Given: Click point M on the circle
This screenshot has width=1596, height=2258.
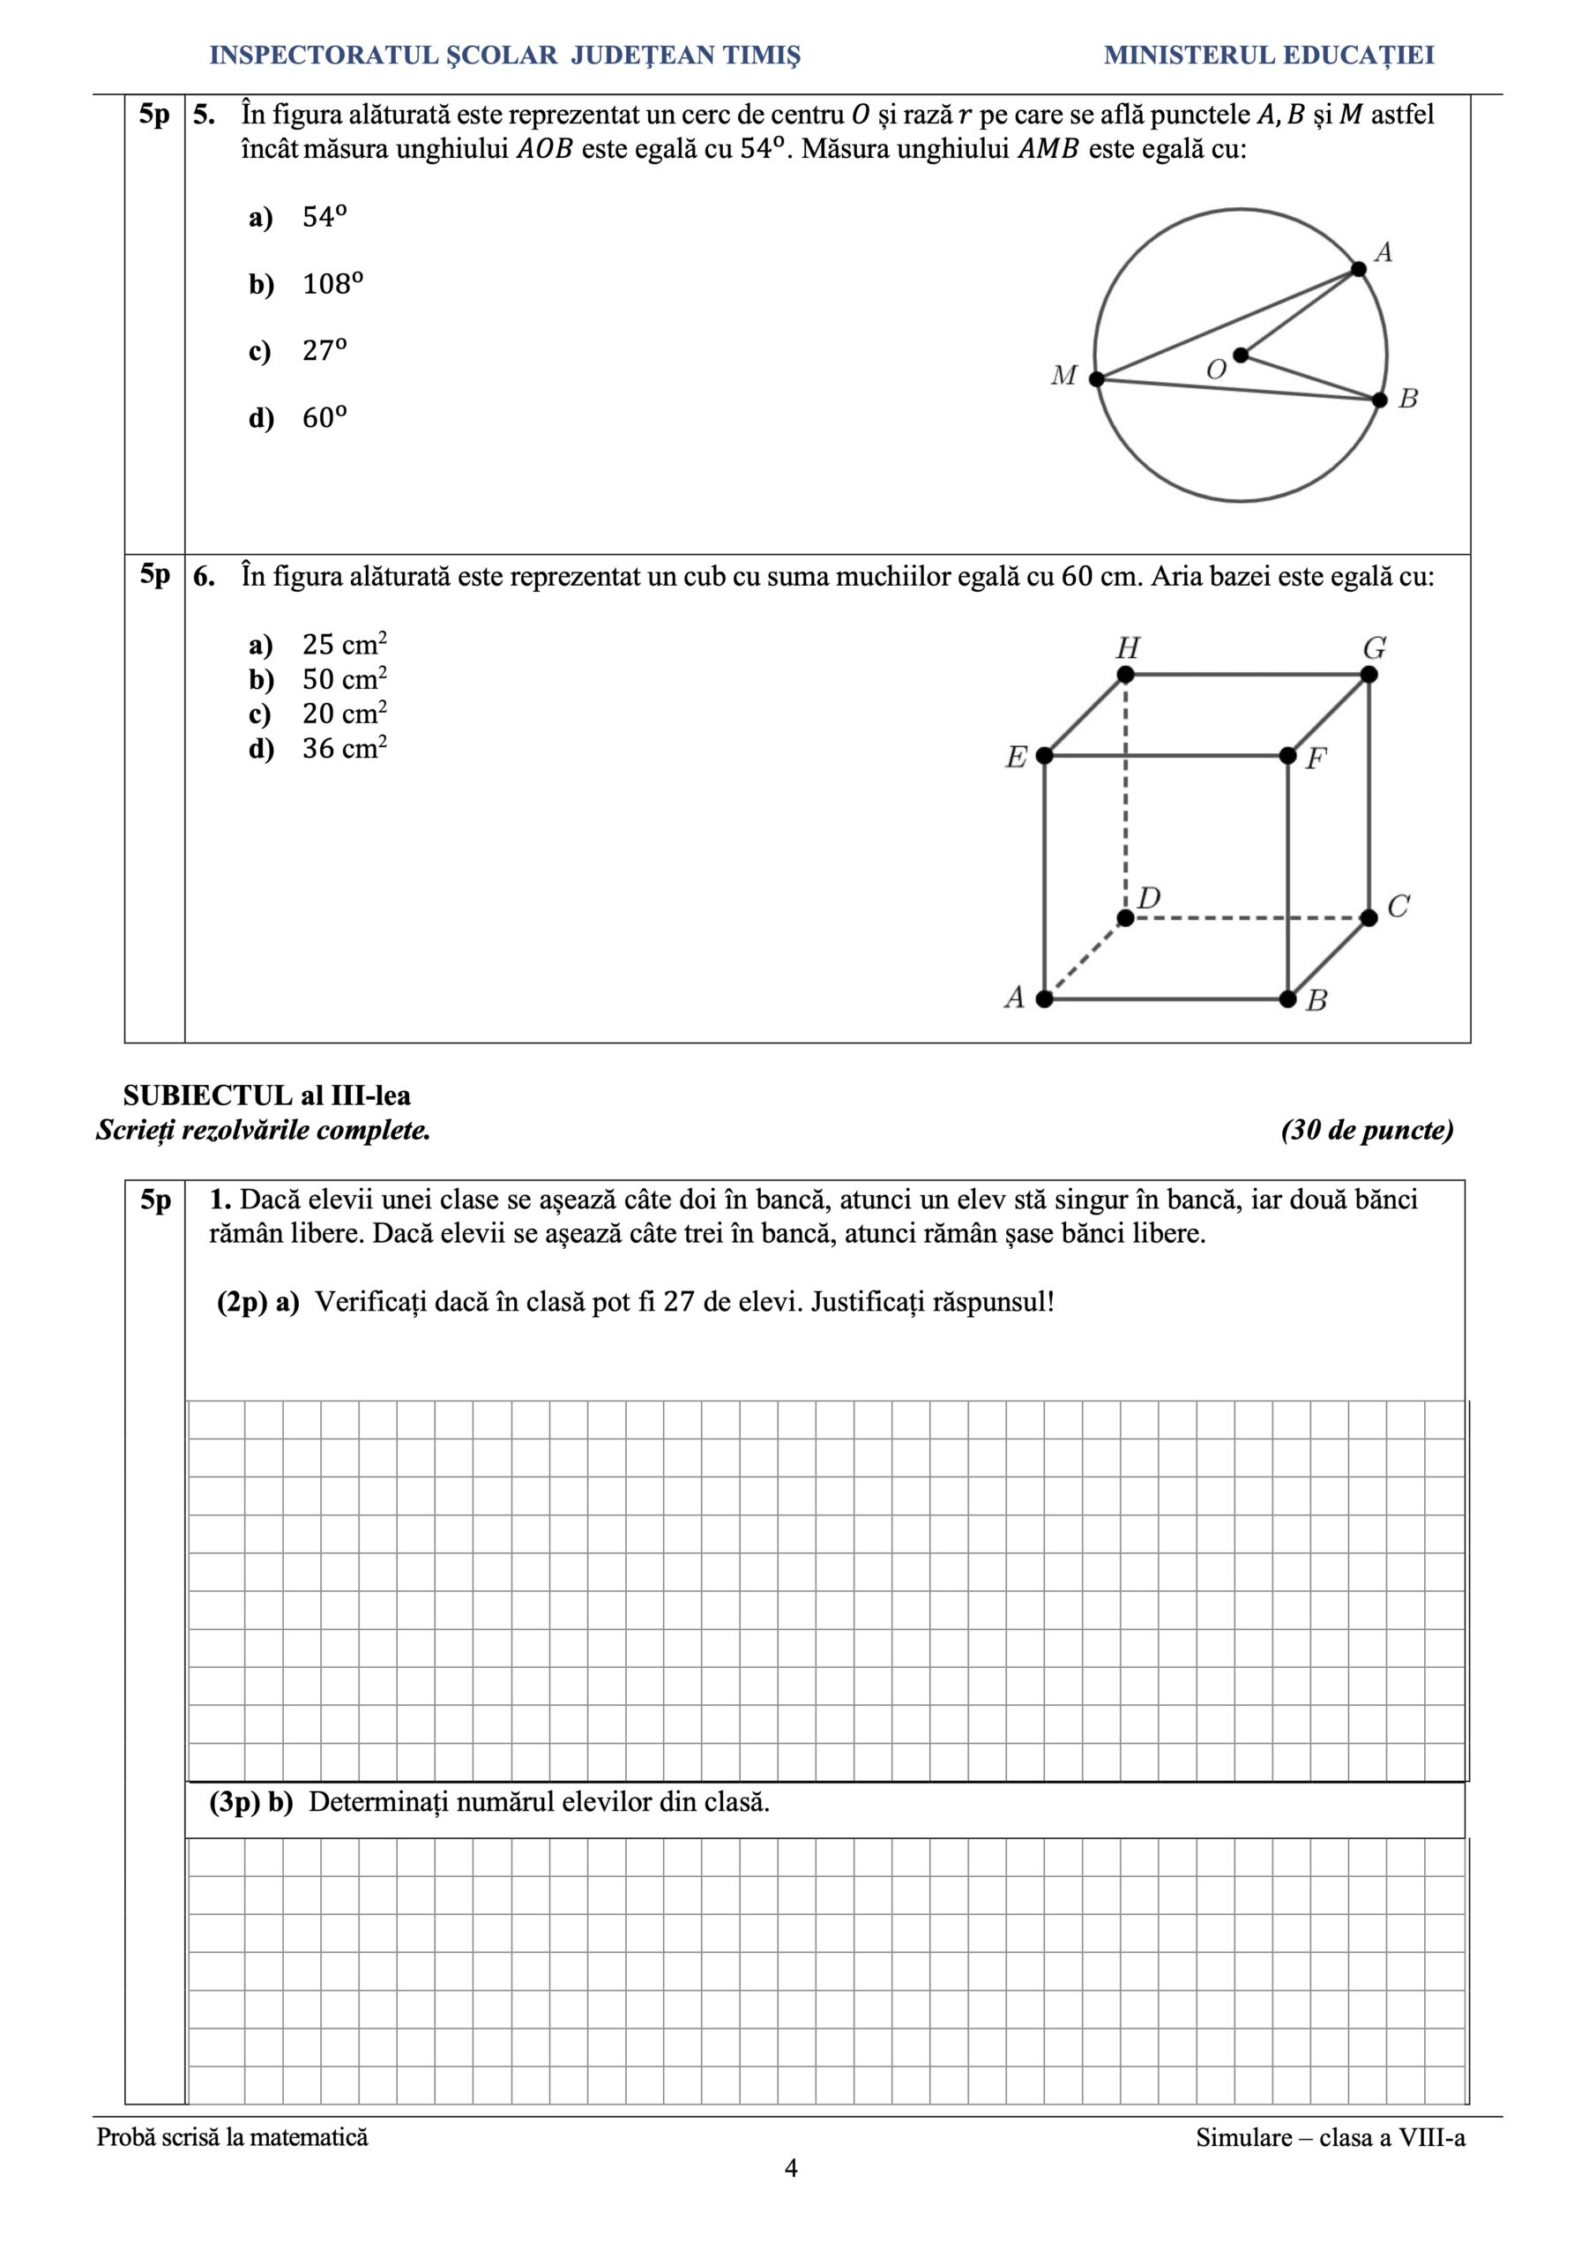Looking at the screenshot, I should [1096, 378].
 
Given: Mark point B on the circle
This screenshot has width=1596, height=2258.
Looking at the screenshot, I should [1380, 400].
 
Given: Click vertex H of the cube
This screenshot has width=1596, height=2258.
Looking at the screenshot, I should [1126, 675].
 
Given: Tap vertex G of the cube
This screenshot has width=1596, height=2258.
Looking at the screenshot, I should [1369, 675].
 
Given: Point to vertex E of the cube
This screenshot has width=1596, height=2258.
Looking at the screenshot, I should [1044, 755].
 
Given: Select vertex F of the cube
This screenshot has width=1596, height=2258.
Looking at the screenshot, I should [1288, 755].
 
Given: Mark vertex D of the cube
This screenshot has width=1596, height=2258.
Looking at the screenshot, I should [1126, 917].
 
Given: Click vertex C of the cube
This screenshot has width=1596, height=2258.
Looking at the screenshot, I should [1369, 917].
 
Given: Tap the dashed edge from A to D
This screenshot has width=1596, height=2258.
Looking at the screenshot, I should [1085, 959].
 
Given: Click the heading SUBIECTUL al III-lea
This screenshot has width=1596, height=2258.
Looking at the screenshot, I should [266, 1095].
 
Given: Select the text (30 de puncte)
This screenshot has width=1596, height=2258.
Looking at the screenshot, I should [1367, 1130].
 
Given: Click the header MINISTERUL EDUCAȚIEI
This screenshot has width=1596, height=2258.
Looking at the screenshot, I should [1269, 55].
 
